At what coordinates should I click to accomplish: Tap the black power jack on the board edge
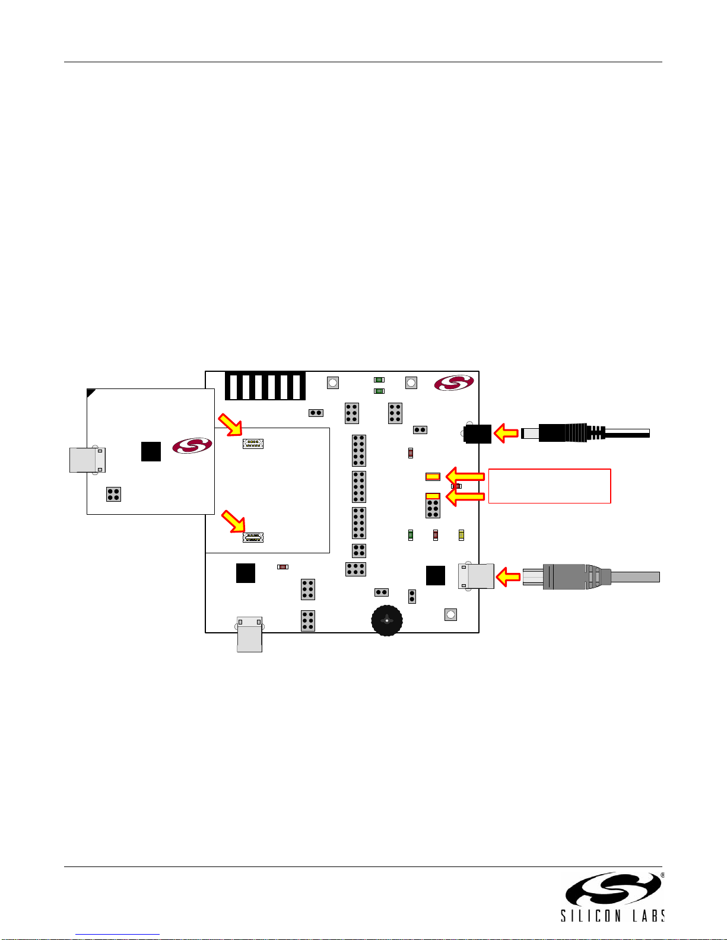point(477,434)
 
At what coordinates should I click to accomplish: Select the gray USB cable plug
point(591,576)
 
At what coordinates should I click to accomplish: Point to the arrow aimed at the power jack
point(506,433)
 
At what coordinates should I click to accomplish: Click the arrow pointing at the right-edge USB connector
point(507,577)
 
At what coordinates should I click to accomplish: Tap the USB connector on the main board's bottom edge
point(250,634)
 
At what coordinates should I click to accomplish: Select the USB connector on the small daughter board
point(87,460)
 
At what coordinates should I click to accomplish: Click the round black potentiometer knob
point(387,620)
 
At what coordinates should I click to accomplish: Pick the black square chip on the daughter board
point(151,452)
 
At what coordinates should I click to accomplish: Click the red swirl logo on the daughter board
point(192,445)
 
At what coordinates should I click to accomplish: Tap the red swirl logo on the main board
point(454,383)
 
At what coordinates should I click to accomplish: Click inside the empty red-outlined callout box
point(550,486)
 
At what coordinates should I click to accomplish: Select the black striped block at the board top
point(265,386)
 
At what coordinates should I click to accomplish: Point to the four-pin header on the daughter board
point(113,495)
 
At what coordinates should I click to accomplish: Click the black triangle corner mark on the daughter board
point(90,392)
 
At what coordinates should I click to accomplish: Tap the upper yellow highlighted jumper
point(433,477)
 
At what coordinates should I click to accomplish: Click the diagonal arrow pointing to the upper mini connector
point(230,425)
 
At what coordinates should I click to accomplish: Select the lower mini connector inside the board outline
point(253,537)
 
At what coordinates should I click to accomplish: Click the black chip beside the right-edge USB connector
point(436,575)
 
